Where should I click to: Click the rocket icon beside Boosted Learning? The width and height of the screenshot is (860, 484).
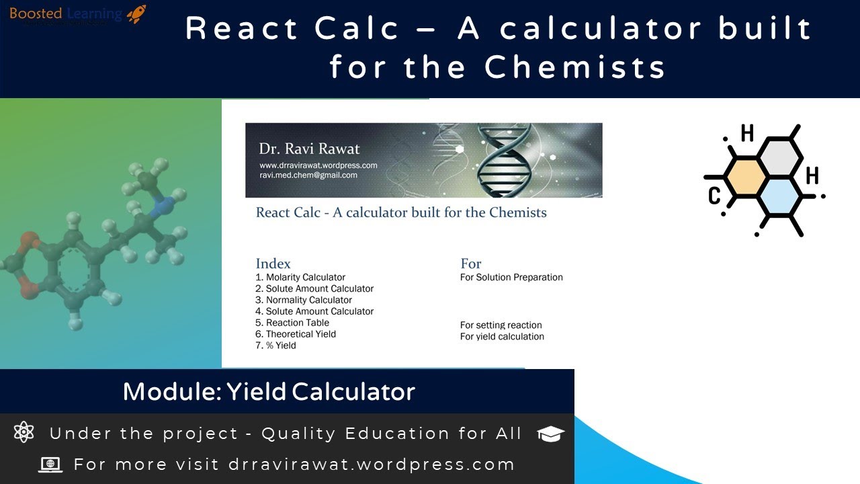point(136,14)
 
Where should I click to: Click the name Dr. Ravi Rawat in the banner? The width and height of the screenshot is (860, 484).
point(309,149)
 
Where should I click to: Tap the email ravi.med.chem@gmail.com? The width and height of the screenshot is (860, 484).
point(308,175)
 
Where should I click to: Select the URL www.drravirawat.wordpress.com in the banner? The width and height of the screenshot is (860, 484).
point(318,165)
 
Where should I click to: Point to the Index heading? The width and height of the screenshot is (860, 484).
point(273,264)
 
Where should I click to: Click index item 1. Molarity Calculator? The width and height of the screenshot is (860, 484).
point(300,277)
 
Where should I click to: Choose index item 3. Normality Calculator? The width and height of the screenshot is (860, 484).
point(304,300)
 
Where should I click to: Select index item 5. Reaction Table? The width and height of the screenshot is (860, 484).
point(292,323)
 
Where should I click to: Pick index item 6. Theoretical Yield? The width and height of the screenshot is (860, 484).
point(296,334)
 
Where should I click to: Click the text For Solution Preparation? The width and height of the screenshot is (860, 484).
point(511,277)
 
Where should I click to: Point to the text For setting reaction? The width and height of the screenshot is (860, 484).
point(501,325)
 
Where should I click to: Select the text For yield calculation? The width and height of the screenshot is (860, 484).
point(502,336)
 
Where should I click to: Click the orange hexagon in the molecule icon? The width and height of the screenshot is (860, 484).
point(742,176)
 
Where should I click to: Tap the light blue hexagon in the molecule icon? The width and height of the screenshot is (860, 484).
point(779,196)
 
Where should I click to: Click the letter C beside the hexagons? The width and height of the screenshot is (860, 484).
point(714,196)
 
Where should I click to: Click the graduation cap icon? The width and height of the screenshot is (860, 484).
point(551,434)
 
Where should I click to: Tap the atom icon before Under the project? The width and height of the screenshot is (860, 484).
point(24,432)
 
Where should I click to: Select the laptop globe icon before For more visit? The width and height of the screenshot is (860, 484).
point(50,464)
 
